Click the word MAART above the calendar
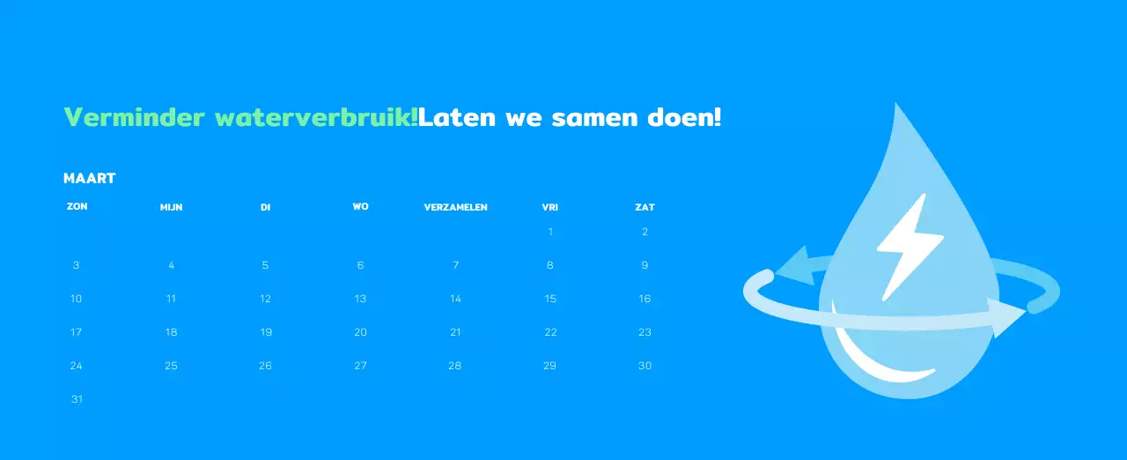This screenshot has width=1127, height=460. [x=90, y=179]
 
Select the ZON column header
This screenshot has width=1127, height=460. [x=77, y=206]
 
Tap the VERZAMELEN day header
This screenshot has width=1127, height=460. [x=455, y=207]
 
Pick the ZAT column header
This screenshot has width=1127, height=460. [x=645, y=207]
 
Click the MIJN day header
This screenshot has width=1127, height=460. [x=171, y=207]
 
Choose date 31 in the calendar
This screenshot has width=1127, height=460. [x=77, y=399]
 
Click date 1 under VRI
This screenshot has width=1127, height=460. [x=550, y=232]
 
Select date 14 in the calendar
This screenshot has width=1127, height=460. [x=455, y=299]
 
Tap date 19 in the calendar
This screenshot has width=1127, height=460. [x=266, y=332]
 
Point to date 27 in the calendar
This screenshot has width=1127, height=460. [x=360, y=366]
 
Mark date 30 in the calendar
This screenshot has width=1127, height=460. [x=645, y=366]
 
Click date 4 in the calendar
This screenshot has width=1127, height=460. [x=171, y=265]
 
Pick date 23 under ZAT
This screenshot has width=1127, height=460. [x=645, y=332]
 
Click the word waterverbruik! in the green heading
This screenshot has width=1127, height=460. [x=316, y=117]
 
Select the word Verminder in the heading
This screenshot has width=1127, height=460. [x=135, y=117]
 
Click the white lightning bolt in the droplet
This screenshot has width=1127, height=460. [x=909, y=247]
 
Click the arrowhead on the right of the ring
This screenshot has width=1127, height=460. [x=1007, y=316]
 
